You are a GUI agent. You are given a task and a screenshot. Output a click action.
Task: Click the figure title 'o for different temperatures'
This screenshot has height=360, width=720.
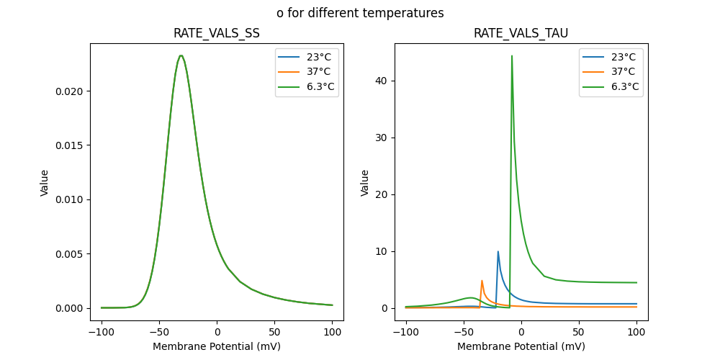(360, 13)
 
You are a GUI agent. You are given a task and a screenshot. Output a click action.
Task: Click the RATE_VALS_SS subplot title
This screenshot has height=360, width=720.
(217, 33)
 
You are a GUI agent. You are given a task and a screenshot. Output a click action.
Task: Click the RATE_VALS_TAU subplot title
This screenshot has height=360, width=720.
(521, 33)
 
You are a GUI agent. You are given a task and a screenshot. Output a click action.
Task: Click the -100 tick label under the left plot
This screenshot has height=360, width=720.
(102, 333)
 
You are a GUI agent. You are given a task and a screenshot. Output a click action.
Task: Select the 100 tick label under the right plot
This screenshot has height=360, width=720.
(636, 333)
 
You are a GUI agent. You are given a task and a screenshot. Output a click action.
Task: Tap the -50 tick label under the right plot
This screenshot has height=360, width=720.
(464, 333)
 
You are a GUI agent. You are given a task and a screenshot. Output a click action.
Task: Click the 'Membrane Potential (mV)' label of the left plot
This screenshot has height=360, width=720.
(217, 346)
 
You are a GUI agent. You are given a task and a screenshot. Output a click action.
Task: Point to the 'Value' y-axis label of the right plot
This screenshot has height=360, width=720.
(365, 182)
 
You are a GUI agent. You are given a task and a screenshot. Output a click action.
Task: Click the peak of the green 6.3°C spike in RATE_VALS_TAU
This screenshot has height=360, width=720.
(512, 55)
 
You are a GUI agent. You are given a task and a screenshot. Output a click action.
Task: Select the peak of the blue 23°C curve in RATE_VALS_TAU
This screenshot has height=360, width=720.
(498, 251)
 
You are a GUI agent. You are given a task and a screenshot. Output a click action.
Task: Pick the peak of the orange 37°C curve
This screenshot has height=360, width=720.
(482, 281)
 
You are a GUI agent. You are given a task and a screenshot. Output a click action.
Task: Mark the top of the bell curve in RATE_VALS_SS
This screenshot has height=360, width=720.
(181, 55)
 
